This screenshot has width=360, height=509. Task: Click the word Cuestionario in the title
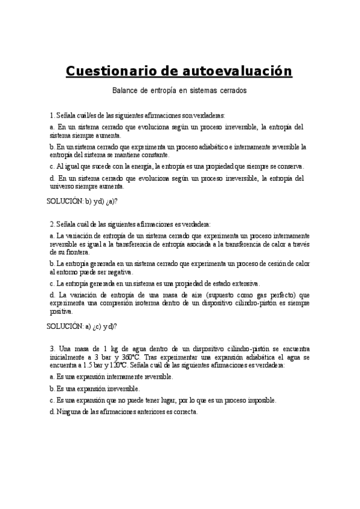click(111, 72)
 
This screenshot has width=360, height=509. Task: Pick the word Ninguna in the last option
click(71, 412)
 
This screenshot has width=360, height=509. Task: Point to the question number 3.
click(52, 349)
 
